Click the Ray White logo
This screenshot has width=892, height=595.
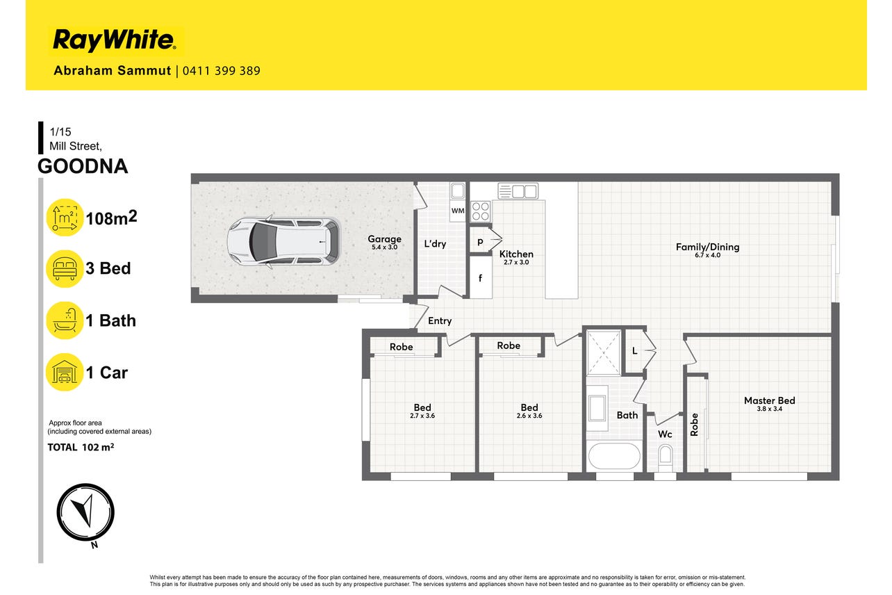115,40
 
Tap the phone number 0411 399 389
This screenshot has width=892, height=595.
222,71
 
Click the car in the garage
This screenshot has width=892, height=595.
284,241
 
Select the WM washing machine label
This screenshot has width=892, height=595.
458,211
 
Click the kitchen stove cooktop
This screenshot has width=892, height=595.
481,211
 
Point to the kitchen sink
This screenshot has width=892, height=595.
518,191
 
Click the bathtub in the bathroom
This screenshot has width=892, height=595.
614,456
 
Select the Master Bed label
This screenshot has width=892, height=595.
769,400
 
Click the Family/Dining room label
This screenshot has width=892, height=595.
707,247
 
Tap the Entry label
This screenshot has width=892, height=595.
440,321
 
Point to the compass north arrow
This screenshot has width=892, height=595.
85,511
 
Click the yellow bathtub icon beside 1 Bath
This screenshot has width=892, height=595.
65,320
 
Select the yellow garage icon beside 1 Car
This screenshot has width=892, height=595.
65,372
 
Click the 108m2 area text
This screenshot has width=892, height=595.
111,218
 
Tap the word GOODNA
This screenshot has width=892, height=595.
83,166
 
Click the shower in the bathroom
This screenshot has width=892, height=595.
603,352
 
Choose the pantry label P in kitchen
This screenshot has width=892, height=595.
480,242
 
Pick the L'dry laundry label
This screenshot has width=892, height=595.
435,243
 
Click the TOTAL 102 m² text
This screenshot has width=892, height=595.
81,447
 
